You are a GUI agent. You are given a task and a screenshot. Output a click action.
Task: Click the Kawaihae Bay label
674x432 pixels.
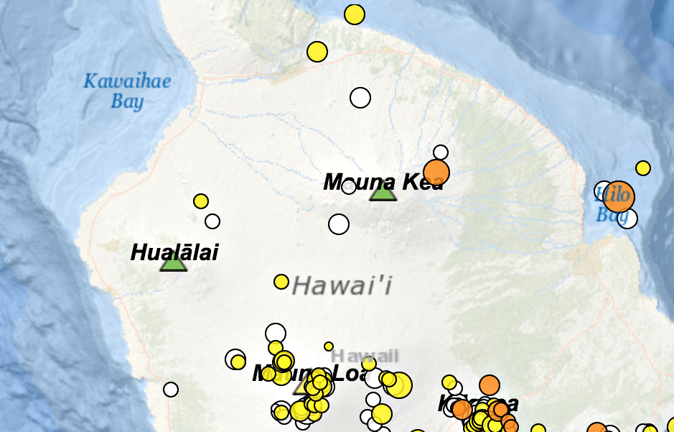[127, 91]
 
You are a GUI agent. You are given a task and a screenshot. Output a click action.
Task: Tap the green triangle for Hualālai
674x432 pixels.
[173, 262]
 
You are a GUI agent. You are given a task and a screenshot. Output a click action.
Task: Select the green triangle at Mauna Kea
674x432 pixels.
[383, 191]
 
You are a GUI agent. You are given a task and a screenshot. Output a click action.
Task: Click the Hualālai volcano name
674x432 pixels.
[174, 252]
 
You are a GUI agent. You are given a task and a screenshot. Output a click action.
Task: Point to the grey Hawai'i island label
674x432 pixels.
[342, 286]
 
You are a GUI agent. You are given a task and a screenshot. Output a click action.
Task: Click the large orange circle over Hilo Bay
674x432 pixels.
[619, 196]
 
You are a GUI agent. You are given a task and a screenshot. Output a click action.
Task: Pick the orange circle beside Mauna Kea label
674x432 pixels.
[436, 173]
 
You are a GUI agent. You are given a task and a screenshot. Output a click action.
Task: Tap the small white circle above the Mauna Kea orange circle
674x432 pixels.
[441, 152]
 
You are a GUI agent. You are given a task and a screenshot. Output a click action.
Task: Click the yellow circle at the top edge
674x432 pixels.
[355, 14]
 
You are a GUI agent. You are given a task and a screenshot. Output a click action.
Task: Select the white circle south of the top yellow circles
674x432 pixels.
[360, 97]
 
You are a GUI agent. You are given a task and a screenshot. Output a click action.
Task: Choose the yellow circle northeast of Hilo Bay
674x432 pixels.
[643, 168]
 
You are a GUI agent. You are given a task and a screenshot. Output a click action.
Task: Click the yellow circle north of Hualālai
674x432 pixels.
[201, 201]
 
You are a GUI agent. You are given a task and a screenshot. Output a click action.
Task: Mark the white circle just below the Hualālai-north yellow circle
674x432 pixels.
[212, 221]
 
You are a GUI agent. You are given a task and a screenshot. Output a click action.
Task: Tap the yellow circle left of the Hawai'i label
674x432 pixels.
[281, 282]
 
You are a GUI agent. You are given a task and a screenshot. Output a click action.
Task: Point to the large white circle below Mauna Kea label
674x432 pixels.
[339, 224]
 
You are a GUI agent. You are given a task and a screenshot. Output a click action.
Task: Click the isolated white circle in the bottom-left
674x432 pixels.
[171, 390]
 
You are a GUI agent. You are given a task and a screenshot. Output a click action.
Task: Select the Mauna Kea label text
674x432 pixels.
[383, 181]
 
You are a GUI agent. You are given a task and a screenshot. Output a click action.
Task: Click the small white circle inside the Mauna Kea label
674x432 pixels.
[349, 187]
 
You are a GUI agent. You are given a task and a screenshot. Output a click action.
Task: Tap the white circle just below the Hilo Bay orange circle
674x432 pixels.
[628, 219]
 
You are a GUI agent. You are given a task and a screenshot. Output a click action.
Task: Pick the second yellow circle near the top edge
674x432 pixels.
[317, 52]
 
